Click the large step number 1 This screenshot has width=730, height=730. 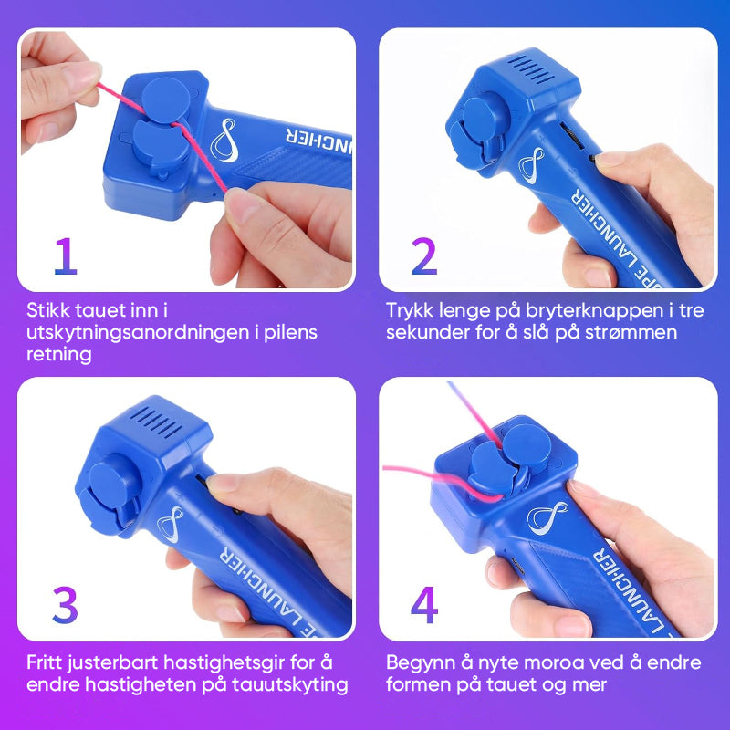point(66,256)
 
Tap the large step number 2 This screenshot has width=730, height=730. point(424,256)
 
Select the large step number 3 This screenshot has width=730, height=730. point(65,605)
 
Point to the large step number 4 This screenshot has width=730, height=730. point(424,605)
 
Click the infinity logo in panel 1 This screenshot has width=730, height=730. point(224,141)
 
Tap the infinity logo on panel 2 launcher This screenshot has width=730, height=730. point(532,165)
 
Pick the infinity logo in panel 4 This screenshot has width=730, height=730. point(547,517)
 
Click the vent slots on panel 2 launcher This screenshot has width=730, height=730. point(530,70)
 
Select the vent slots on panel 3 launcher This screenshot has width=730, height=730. point(156,422)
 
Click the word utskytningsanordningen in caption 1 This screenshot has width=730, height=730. point(139,333)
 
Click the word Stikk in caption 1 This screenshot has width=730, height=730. point(49,310)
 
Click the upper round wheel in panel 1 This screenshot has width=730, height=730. point(165,99)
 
